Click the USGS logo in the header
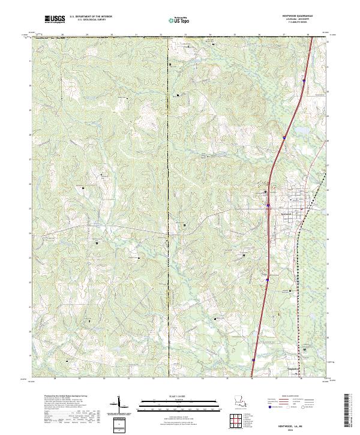pos(55,19)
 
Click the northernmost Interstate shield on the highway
pos(304,80)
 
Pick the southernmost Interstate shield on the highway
pos(253,360)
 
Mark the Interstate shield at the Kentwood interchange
pos(268,208)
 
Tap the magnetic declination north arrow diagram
pos(120,408)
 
